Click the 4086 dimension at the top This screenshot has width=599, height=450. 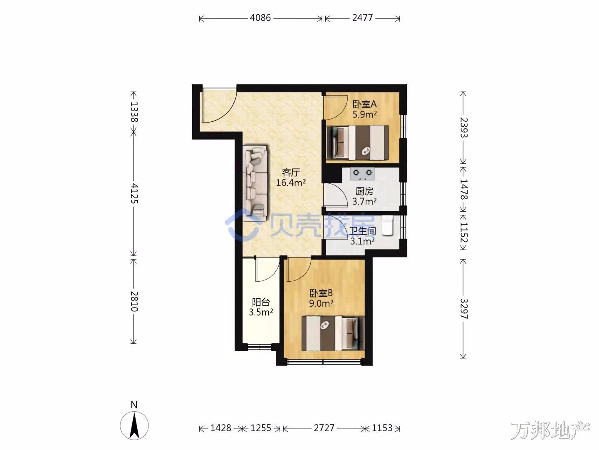click(260, 18)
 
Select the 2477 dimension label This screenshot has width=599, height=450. click(362, 18)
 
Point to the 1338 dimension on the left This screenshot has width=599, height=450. click(134, 112)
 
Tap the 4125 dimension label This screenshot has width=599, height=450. click(134, 193)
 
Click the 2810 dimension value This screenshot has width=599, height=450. click(134, 301)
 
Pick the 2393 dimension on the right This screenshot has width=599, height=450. click(464, 127)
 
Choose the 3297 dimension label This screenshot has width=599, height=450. click(464, 309)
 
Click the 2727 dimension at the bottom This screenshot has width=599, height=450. click(324, 428)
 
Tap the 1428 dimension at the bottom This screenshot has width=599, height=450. click(220, 428)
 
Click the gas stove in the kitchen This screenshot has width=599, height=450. click(362, 174)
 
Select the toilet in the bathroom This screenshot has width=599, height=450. click(387, 225)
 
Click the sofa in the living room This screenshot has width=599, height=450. click(255, 182)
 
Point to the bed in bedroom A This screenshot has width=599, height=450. click(357, 142)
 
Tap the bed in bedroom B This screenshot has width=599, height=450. click(333, 334)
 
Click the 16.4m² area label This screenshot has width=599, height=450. click(291, 182)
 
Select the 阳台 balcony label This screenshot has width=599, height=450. click(261, 302)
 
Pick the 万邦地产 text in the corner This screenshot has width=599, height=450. click(550, 430)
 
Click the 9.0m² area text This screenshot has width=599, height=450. click(321, 303)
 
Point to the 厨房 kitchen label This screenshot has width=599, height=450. click(364, 191)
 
